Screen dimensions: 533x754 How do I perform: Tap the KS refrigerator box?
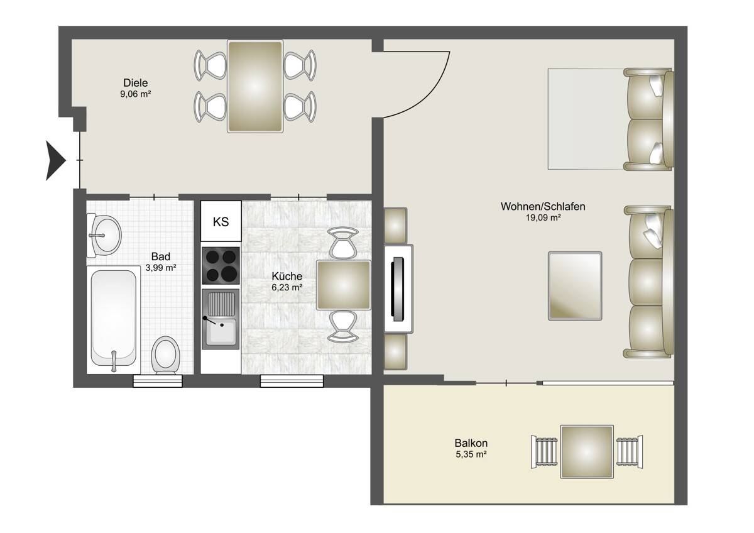[221, 221]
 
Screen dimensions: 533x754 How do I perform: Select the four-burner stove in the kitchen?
[221, 266]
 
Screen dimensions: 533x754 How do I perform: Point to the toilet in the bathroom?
[166, 354]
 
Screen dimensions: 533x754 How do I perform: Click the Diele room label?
[135, 83]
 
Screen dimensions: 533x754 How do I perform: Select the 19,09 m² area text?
[543, 218]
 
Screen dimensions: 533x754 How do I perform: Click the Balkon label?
[471, 442]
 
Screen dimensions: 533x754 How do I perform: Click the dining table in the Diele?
[254, 86]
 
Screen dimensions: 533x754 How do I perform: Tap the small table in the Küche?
[342, 285]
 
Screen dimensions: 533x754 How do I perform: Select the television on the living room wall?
[397, 288]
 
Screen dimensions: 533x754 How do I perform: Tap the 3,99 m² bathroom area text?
[161, 267]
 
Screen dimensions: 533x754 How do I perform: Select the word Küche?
[287, 276]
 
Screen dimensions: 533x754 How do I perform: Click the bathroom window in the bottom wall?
[158, 380]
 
